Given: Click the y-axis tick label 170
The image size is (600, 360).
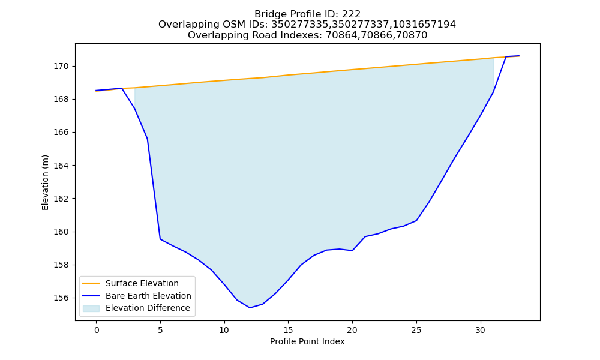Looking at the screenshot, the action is tap(61, 67).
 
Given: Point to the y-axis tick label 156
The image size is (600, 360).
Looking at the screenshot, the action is tap(61, 298).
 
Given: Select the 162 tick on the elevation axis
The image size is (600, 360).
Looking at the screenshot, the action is tap(61, 199).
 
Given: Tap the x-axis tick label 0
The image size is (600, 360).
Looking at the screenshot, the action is tap(97, 330).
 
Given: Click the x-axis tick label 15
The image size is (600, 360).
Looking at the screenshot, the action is tap(288, 330).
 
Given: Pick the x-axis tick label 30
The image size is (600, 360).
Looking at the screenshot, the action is tap(480, 330).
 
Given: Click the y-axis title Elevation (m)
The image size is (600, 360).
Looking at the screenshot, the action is tap(45, 182).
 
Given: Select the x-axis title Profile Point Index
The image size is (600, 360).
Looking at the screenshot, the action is tap(307, 341).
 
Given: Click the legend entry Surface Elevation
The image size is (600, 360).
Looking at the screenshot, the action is tap(142, 283).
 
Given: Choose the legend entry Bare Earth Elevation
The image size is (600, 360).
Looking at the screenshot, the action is tap(148, 296).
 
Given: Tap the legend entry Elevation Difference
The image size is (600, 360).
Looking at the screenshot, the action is tap(148, 308).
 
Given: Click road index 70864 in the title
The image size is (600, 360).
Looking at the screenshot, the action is tap(340, 35).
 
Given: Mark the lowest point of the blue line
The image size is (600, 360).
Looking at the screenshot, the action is tap(250, 308).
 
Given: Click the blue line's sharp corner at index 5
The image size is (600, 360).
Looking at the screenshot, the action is tap(160, 239).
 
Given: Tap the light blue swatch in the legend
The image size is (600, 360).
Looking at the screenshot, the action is tap(91, 308).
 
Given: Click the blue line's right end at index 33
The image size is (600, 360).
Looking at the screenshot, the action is tap(519, 56).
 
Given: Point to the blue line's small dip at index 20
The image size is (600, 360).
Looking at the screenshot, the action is tap(352, 251).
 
